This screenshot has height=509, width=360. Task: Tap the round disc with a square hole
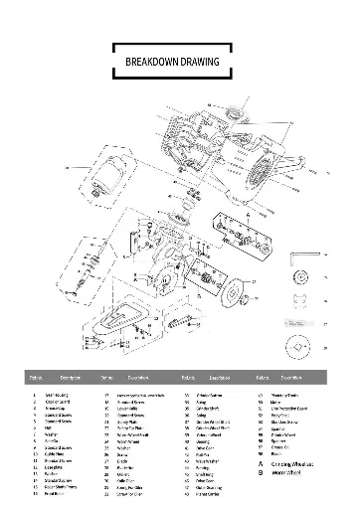click(x=298, y=349)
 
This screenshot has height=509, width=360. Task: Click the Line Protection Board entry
click(x=292, y=410)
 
